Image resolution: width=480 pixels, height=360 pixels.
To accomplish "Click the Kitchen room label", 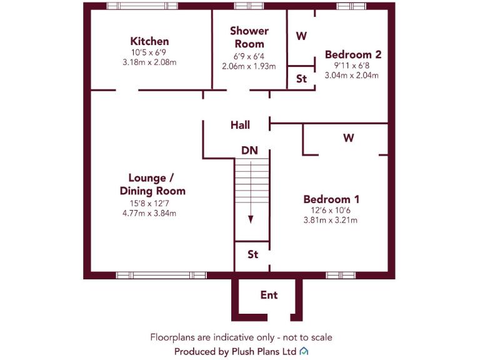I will click(x=149, y=41).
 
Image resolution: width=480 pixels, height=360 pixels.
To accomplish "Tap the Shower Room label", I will click(x=249, y=37).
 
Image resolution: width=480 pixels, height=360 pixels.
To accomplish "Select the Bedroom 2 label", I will click(x=353, y=54).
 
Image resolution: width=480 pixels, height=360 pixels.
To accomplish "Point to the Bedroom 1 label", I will click(x=331, y=199).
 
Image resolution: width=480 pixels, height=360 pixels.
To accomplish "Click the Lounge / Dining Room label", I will click(x=152, y=184).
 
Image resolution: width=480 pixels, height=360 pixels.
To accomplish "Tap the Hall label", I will click(x=240, y=125).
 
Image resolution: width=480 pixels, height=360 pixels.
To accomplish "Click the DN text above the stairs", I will click(x=249, y=151).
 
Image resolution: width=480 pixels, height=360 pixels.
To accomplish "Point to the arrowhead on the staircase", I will click(x=251, y=219).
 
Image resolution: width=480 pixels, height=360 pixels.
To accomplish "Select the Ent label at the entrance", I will click(x=269, y=295).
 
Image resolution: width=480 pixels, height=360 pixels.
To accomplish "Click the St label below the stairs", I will click(x=252, y=255).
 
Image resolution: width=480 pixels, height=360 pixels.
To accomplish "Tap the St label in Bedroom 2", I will click(x=301, y=79).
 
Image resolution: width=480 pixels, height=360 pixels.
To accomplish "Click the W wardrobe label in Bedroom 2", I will click(x=301, y=36).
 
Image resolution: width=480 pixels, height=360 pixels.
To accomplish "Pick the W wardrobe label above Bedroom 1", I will click(x=348, y=138).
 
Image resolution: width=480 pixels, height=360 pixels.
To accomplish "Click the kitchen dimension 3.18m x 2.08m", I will click(x=149, y=62).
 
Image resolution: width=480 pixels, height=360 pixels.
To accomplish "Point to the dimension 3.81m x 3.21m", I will click(x=331, y=220).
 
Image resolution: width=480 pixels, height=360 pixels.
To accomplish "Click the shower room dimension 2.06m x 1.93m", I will click(x=249, y=66).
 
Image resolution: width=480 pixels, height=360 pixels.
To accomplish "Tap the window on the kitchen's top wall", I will click(x=142, y=6).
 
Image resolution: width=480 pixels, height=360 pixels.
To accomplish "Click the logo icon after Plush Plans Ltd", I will click(x=304, y=351).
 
